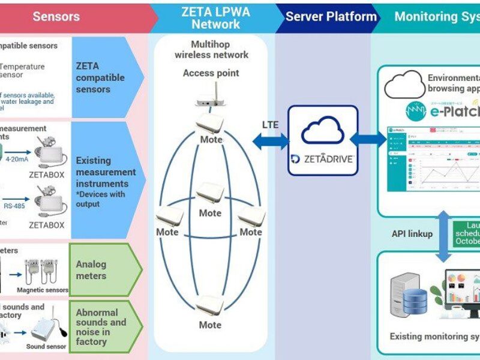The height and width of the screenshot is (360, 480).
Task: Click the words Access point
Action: click(x=211, y=73)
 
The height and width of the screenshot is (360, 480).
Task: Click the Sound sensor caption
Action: click(x=46, y=346)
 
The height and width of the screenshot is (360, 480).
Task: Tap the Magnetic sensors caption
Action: click(x=43, y=290)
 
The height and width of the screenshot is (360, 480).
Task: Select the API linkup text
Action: click(x=412, y=233)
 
